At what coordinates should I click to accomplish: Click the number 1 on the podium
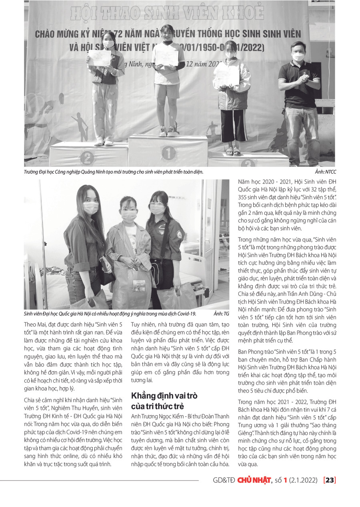coord(169,153)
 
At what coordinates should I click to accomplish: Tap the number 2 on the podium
coord(87,158)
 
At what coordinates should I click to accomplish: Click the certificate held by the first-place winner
coord(166,58)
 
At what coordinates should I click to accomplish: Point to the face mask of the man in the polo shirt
coord(298,57)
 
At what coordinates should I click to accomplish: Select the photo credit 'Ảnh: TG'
coord(222,314)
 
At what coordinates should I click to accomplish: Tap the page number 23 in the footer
coord(330,480)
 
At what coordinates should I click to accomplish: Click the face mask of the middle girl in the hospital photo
coord(128,216)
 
